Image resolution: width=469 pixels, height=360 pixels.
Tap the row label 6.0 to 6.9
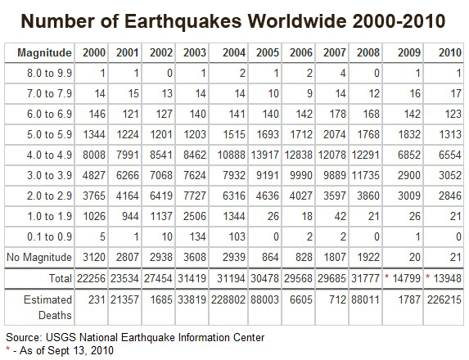[x=41, y=115]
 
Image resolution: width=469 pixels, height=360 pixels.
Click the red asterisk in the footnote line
[x=7, y=350]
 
